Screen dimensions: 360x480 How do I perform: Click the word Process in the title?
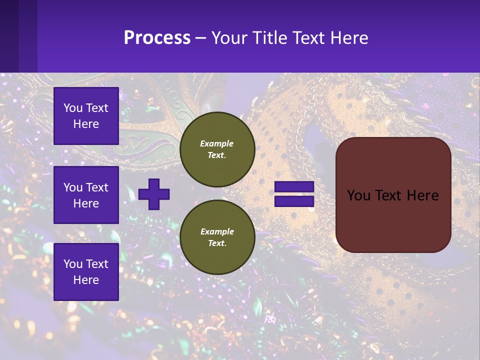click(157, 37)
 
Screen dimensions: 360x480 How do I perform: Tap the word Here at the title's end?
click(347, 37)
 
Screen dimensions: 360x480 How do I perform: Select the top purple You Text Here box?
click(86, 116)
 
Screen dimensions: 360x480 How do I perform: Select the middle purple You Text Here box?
click(86, 195)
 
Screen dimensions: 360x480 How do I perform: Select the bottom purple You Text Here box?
click(86, 271)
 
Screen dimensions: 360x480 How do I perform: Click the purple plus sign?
click(154, 194)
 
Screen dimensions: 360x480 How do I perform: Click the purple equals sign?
click(294, 194)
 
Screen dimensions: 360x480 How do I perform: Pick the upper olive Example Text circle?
click(217, 149)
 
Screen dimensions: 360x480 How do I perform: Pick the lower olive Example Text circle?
click(217, 237)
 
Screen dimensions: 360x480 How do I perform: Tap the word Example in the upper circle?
click(217, 143)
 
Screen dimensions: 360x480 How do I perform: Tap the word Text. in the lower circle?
click(217, 243)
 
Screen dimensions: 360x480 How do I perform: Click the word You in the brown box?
click(358, 195)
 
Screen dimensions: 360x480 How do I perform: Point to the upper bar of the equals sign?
click(294, 187)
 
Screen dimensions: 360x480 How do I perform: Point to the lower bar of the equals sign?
click(294, 201)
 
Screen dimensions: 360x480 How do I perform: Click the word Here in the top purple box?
click(86, 124)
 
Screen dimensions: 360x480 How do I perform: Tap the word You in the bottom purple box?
click(73, 263)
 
